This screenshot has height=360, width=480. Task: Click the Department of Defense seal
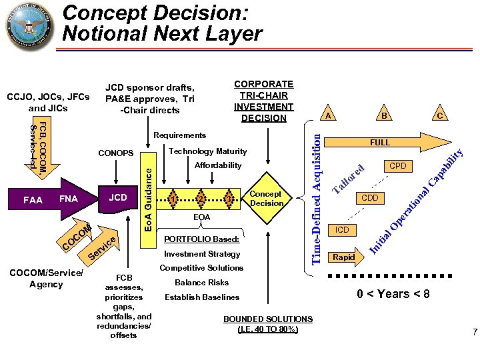31,29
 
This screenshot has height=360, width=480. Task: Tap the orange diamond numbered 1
173,199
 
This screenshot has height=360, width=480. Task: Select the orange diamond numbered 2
201,199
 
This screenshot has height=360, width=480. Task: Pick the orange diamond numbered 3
229,199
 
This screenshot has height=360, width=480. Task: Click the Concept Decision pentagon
265,198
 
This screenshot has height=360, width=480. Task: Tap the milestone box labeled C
440,115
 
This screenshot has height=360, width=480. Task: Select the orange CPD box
398,165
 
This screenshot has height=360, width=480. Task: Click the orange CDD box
369,198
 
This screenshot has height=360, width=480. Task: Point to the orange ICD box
342,230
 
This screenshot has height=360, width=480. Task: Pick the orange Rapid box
343,257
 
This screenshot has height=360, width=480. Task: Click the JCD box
117,198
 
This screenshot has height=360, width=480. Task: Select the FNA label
69,199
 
